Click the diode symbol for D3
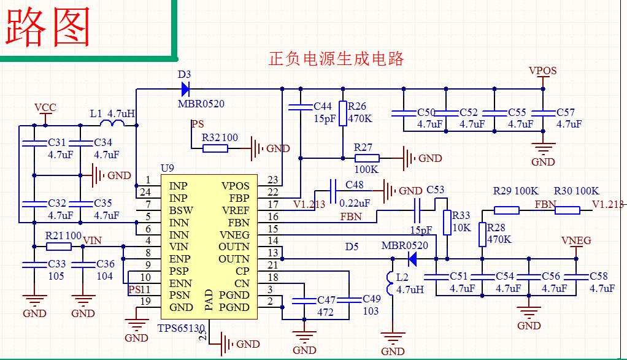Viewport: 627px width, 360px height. click(185, 89)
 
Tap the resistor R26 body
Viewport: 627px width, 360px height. click(343, 113)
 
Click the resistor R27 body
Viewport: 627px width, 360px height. click(367, 158)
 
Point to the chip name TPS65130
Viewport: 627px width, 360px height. click(181, 328)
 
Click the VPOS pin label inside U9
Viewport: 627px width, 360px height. click(235, 186)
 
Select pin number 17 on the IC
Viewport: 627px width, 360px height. click(273, 204)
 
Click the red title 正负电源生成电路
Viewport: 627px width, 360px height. click(336, 59)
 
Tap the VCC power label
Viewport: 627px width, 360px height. click(45, 108)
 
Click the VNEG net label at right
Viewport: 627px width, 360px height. click(576, 240)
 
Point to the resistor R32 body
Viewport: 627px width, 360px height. click(215, 148)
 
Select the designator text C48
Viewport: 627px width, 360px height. click(354, 185)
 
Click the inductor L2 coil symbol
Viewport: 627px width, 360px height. click(390, 283)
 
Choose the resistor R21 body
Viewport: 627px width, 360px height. click(59, 247)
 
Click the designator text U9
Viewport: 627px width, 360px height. click(167, 167)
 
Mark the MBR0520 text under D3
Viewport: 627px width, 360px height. click(201, 104)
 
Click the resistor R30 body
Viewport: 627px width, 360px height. click(567, 210)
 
